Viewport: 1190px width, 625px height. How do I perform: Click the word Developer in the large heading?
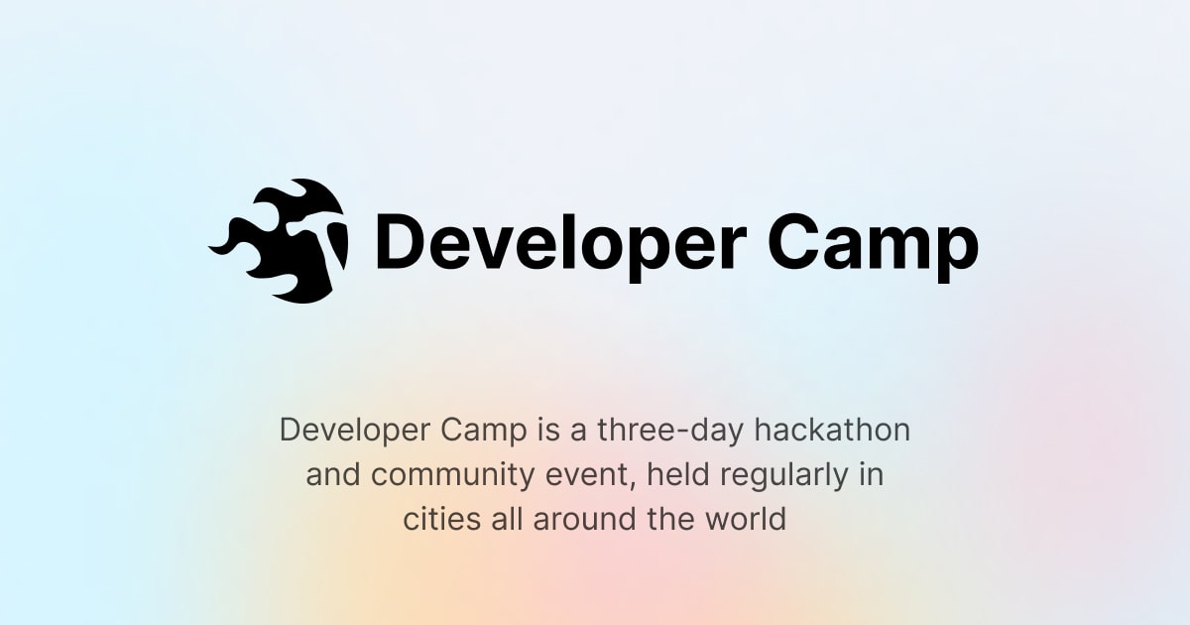[556, 244]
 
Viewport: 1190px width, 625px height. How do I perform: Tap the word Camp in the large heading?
[873, 244]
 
